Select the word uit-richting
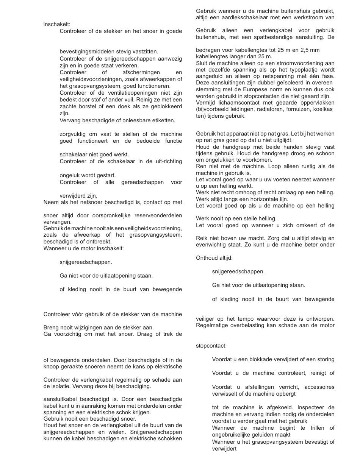(166, 161)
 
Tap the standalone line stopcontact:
(211, 346)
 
